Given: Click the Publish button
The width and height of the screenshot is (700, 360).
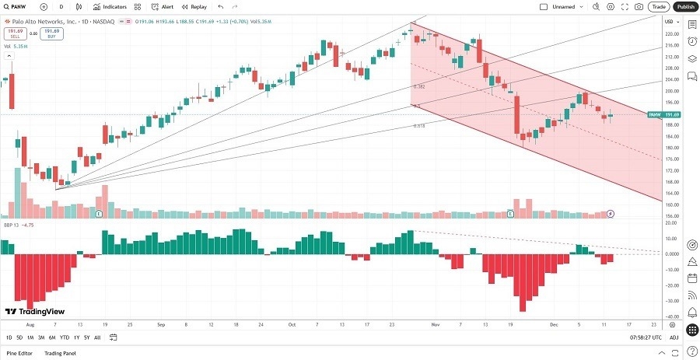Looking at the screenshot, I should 685,6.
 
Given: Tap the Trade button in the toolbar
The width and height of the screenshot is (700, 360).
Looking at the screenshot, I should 659,6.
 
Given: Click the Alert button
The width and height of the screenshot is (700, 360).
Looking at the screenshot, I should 163,6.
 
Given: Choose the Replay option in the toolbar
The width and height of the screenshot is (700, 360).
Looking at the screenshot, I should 194,6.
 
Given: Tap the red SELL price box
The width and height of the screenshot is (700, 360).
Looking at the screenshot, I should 13,33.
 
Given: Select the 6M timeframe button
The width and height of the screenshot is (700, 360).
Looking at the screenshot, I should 51,337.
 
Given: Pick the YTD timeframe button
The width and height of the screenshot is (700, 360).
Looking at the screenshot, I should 64,337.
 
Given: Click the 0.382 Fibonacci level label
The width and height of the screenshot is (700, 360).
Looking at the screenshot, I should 418,86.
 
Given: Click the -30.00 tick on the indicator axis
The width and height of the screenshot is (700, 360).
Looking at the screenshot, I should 670,300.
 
